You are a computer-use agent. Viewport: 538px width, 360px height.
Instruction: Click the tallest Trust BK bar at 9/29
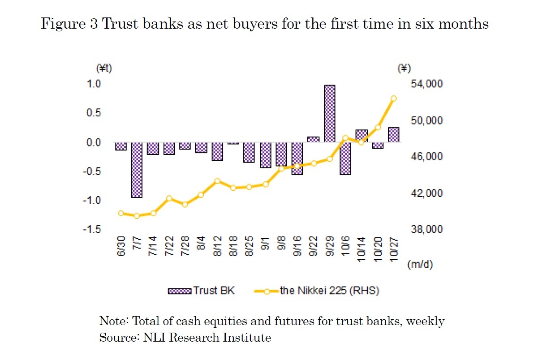(329, 113)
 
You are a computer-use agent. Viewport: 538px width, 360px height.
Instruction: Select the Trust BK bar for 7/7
(137, 170)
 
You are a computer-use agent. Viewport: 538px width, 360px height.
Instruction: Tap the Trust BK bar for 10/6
(345, 158)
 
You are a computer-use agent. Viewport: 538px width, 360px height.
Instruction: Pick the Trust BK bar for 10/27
(393, 134)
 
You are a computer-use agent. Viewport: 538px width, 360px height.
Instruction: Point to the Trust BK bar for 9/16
(297, 158)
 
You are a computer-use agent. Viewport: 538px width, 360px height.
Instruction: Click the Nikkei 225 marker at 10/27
(393, 99)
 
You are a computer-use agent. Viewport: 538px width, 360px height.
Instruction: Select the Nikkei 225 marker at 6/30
(121, 213)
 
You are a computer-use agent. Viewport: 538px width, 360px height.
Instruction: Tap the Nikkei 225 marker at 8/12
(217, 181)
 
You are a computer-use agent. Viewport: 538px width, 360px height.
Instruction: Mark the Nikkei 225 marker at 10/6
(345, 138)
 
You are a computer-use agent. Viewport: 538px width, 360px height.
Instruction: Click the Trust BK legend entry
(201, 291)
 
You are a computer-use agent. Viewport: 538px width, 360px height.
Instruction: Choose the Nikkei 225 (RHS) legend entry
(317, 291)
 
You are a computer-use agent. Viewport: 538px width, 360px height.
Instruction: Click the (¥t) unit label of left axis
(104, 68)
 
